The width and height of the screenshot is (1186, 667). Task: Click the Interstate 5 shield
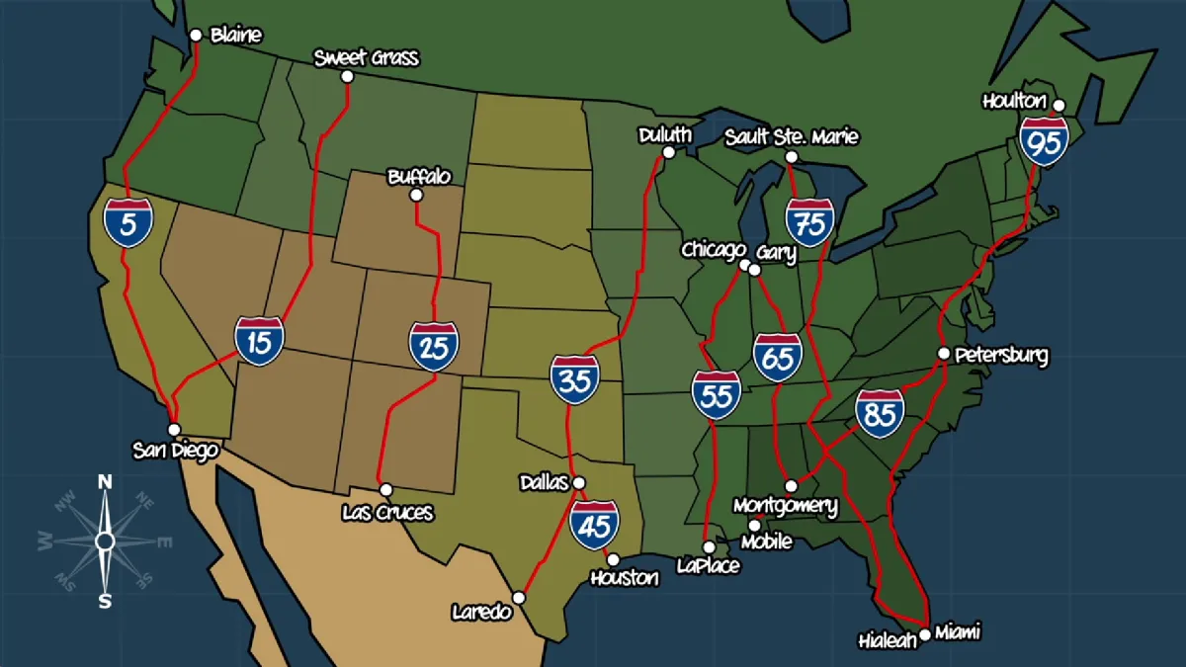[x=128, y=222]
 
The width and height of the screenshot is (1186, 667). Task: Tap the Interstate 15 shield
[x=259, y=342]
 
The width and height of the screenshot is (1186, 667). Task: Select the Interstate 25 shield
[x=434, y=346]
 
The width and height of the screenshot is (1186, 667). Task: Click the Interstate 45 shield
[x=594, y=525]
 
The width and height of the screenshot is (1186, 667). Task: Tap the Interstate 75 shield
[x=809, y=223]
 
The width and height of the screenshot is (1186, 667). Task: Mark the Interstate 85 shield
[x=880, y=413]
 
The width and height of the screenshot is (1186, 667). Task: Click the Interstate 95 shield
[x=1045, y=141]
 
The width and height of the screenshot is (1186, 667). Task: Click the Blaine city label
[x=236, y=36]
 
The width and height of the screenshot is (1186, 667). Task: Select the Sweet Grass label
[x=366, y=58]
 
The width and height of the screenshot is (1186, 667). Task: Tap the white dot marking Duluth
[x=668, y=152]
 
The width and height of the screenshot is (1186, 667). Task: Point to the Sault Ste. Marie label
[x=791, y=136]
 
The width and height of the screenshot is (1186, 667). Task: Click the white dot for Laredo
[x=519, y=598]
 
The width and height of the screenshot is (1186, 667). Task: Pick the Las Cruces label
[x=386, y=513]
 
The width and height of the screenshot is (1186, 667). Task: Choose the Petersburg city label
[x=1001, y=356]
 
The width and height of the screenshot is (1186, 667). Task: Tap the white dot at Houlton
[x=1059, y=105]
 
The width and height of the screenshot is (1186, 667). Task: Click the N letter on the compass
[x=105, y=481]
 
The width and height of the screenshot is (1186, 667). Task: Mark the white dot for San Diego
[x=174, y=430]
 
